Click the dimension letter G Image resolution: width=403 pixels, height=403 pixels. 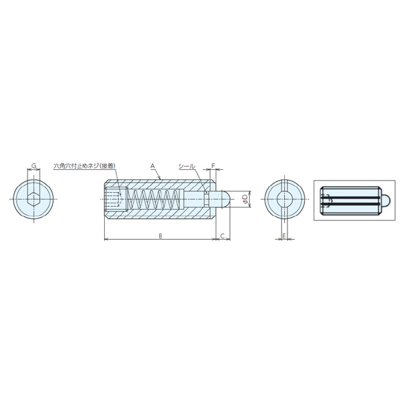[34, 165]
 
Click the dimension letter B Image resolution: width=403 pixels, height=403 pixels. [161, 236]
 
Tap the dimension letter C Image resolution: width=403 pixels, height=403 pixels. [222, 236]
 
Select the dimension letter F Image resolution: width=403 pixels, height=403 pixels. [213, 165]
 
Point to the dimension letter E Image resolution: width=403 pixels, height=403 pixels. [284, 236]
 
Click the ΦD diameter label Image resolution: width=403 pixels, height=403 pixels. [245, 199]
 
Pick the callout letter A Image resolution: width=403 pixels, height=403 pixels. [152, 166]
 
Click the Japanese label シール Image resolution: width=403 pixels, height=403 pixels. [187, 167]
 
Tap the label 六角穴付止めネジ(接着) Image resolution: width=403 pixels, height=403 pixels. [85, 166]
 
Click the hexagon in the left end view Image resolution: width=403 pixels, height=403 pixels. [34, 199]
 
